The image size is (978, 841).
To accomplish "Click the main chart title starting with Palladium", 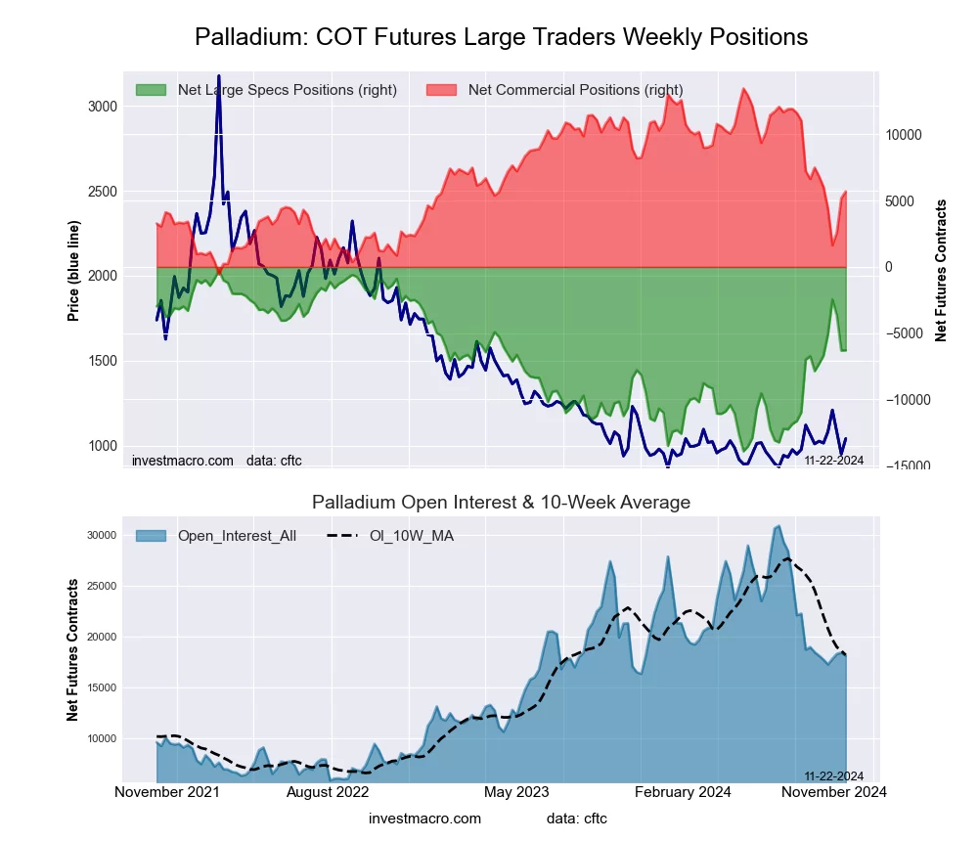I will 501,37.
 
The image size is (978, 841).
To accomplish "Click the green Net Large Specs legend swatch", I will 151,90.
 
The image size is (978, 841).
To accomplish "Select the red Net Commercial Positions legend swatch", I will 441,90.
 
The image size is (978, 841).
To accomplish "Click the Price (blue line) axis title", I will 73,271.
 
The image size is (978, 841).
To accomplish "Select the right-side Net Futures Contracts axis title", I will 941,271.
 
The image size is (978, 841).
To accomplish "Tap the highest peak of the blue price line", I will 218,76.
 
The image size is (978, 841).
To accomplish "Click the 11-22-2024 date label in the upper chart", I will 833,460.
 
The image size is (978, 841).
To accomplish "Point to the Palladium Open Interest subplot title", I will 501,503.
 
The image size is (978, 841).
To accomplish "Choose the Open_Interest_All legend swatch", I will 151,535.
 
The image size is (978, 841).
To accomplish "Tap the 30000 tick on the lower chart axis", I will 102,535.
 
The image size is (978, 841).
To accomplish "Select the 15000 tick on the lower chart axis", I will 102,687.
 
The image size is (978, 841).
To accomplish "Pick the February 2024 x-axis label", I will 682,792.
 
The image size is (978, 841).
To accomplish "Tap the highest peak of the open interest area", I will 778,526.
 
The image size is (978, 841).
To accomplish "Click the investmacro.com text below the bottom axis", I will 425,819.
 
